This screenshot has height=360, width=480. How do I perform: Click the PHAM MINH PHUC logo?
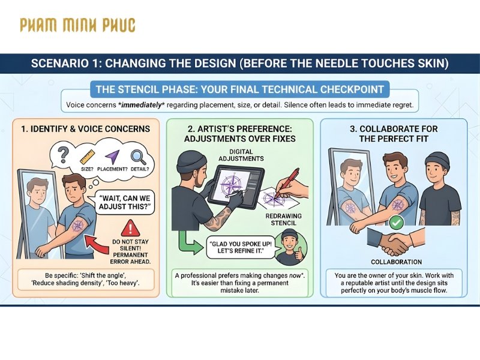pyautogui.click(x=77, y=25)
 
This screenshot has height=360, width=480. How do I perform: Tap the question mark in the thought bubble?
pyautogui.click(x=63, y=155)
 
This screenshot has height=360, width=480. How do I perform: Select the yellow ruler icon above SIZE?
pyautogui.click(x=87, y=157)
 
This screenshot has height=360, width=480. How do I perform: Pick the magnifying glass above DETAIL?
pyautogui.click(x=139, y=157)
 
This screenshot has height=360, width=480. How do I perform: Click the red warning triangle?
pyautogui.click(x=130, y=228)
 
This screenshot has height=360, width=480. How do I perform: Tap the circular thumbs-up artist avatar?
pyautogui.click(x=291, y=248)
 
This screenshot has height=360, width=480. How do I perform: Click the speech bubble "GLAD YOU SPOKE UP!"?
pyautogui.click(x=241, y=247)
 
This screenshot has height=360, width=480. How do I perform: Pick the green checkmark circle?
pyautogui.click(x=396, y=223)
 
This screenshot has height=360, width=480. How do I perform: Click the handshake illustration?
pyautogui.click(x=396, y=242)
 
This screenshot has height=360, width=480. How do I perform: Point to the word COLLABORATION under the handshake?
pyautogui.click(x=397, y=262)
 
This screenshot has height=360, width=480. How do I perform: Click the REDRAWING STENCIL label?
pyautogui.click(x=283, y=220)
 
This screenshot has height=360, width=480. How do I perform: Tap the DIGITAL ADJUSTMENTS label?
pyautogui.click(x=241, y=155)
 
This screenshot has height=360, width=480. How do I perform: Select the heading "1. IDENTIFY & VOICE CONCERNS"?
pyautogui.click(x=86, y=129)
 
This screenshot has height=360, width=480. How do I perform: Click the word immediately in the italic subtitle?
pyautogui.click(x=142, y=105)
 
